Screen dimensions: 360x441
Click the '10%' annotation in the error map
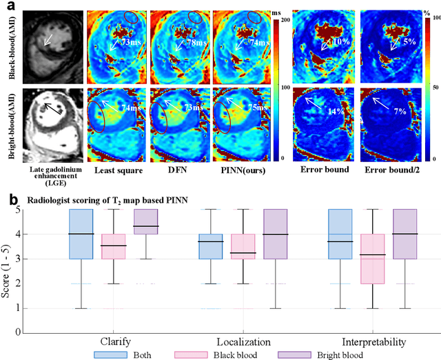[x=340, y=43]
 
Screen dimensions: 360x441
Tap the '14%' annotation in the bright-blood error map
[x=337, y=112]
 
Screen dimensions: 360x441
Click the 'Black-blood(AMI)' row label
[x=10, y=43]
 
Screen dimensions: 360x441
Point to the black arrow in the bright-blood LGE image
[x=48, y=108]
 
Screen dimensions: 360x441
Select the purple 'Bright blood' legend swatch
[x=289, y=354]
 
